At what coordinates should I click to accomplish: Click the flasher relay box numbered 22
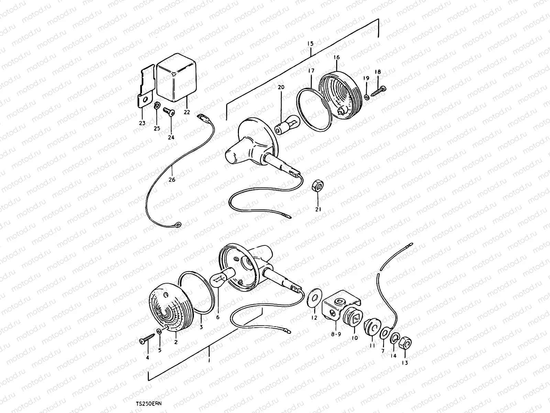coord(176,77)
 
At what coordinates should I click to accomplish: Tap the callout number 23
coord(142,123)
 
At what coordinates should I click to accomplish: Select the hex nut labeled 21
coord(318,186)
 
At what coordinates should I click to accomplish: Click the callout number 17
coord(311,71)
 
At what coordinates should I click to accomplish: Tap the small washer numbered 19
coord(366,97)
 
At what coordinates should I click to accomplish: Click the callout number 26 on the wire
coord(172,180)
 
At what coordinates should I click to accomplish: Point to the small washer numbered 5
coord(159,332)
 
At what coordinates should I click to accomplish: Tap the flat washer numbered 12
coord(315,297)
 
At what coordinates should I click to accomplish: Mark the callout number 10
coord(354,338)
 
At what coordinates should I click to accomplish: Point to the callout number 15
coord(310,44)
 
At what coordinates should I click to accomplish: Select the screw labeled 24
coord(169,112)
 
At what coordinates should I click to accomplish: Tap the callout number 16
coord(337,57)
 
